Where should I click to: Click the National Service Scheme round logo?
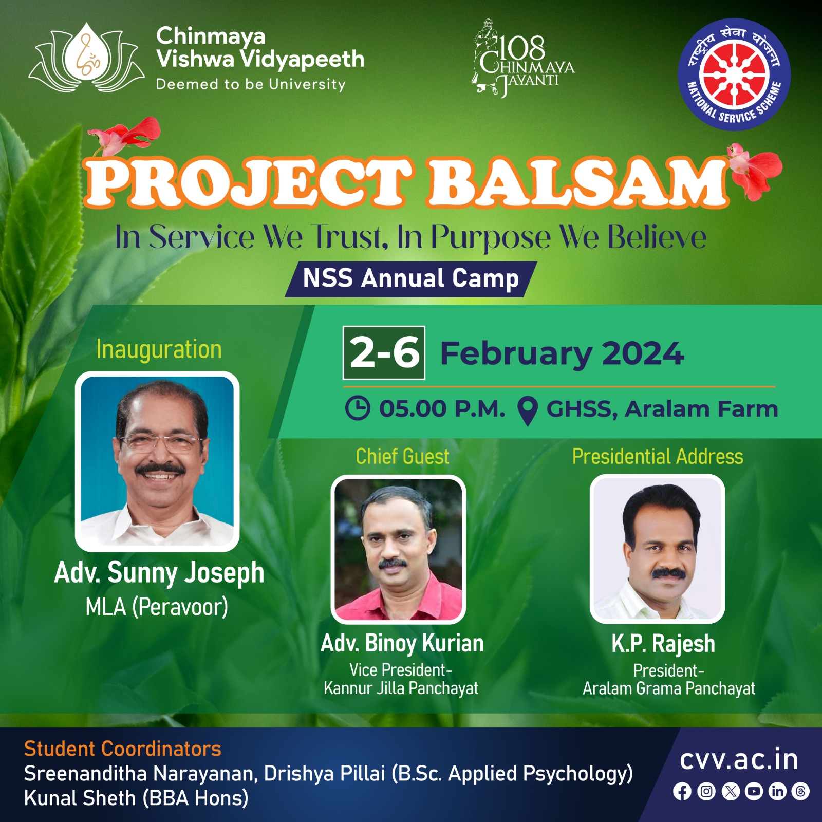click(735, 74)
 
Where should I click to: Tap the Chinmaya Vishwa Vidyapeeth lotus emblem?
click(86, 58)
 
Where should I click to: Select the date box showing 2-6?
click(384, 353)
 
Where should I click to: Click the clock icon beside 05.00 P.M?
click(358, 408)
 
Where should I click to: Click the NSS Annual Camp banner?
click(410, 279)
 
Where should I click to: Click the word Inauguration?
click(159, 349)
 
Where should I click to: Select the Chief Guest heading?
click(402, 456)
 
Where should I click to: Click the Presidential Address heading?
click(658, 456)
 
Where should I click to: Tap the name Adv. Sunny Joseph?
click(159, 572)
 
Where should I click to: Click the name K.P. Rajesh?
click(663, 643)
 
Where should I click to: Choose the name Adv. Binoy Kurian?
click(402, 643)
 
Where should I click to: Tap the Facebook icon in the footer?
click(682, 791)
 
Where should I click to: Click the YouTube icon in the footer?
click(754, 791)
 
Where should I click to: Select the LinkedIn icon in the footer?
click(777, 791)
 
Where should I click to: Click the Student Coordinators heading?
click(123, 749)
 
